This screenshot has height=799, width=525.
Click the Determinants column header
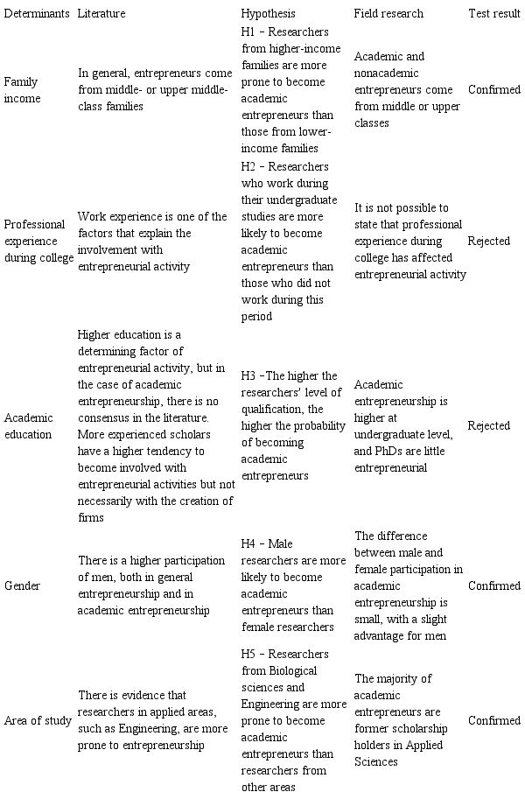click(36, 14)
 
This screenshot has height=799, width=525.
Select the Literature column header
click(101, 14)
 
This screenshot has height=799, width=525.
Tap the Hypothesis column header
click(268, 14)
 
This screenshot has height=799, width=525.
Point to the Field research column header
click(388, 14)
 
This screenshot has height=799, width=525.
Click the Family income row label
click(21, 89)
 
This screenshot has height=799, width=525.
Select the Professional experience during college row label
click(38, 241)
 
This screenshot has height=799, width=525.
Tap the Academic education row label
click(27, 426)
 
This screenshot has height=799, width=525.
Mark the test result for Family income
click(494, 89)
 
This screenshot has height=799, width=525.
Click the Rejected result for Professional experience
click(489, 241)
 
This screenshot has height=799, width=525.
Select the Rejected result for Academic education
click(489, 426)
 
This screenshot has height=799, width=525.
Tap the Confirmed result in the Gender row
click(494, 585)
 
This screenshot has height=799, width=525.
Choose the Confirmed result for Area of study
click(494, 721)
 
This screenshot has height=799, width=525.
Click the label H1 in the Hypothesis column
click(248, 32)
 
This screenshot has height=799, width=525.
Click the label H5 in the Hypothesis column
click(248, 655)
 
